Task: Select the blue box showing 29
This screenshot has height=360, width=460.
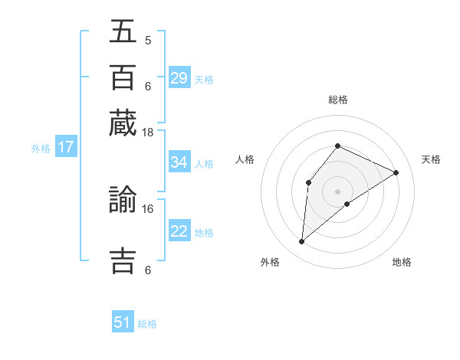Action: click(179, 78)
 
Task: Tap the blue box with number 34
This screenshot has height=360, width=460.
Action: click(179, 162)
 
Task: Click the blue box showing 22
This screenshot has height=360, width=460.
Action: click(179, 232)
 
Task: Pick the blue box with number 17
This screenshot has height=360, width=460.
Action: click(65, 148)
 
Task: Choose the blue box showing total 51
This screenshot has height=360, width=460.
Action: click(123, 322)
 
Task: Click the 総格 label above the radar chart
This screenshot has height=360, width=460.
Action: click(337, 100)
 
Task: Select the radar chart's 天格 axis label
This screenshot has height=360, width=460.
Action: click(431, 159)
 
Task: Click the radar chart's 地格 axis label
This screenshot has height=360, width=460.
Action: click(402, 262)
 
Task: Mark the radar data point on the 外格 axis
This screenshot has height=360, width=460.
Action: click(301, 242)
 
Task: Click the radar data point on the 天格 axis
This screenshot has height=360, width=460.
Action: click(396, 172)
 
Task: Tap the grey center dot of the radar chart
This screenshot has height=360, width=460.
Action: click(337, 191)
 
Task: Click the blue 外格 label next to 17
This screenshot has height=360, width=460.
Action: click(40, 149)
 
